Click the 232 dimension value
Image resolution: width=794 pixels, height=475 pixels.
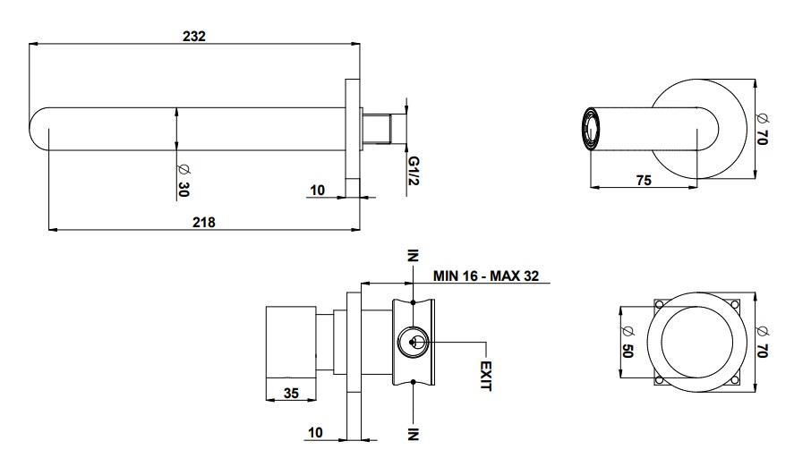194,37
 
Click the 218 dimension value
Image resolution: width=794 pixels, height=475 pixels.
203,222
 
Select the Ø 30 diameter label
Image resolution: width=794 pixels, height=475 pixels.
184,180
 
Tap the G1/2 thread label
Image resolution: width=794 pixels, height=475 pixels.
414,171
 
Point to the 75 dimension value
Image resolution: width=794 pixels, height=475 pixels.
644,180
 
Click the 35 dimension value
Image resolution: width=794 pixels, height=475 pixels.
291,393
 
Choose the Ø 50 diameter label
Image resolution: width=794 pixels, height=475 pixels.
628,342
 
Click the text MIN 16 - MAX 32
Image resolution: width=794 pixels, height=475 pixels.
486,276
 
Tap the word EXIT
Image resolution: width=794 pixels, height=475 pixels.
485,376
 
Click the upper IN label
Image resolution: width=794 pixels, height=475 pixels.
414,256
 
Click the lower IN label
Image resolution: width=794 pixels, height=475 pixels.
414,434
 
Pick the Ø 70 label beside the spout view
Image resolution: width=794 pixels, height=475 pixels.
762,129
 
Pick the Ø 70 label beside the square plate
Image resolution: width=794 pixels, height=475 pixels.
762,342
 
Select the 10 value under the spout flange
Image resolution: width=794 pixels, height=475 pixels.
317,191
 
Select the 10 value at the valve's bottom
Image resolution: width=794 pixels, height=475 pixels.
315,432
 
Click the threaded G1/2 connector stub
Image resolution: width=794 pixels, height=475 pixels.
377,129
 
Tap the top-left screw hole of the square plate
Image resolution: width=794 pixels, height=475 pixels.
660,304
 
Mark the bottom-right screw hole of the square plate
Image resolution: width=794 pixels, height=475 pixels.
735,380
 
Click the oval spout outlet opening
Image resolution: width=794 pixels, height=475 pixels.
589,129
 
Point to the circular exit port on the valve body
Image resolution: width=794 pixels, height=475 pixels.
414,343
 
